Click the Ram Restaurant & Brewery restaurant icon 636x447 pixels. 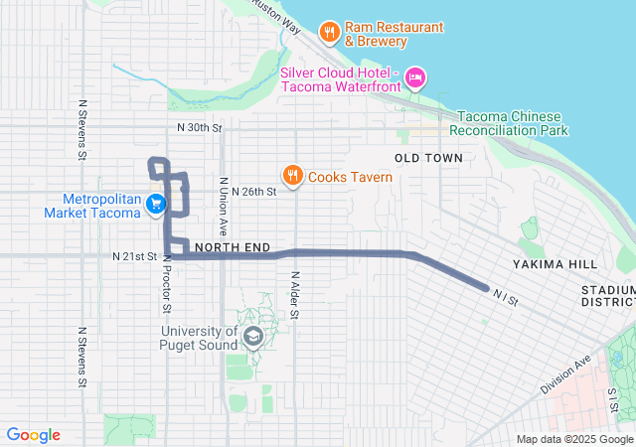pyautogui.click(x=329, y=33)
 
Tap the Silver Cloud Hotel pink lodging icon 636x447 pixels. pyautogui.click(x=415, y=76)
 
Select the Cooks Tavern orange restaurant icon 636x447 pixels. pyautogui.click(x=292, y=177)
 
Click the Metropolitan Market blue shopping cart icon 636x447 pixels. pyautogui.click(x=156, y=205)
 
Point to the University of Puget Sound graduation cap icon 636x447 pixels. pyautogui.click(x=252, y=338)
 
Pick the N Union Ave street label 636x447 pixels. pyautogui.click(x=225, y=199)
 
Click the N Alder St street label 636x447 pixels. pyautogui.click(x=295, y=296)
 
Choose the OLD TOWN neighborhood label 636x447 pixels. pyautogui.click(x=428, y=158)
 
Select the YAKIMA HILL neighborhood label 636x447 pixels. pyautogui.click(x=556, y=264)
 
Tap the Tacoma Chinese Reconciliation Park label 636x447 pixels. pyautogui.click(x=508, y=123)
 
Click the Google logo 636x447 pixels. pyautogui.click(x=34, y=435)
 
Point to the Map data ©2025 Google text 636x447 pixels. pyautogui.click(x=574, y=439)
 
